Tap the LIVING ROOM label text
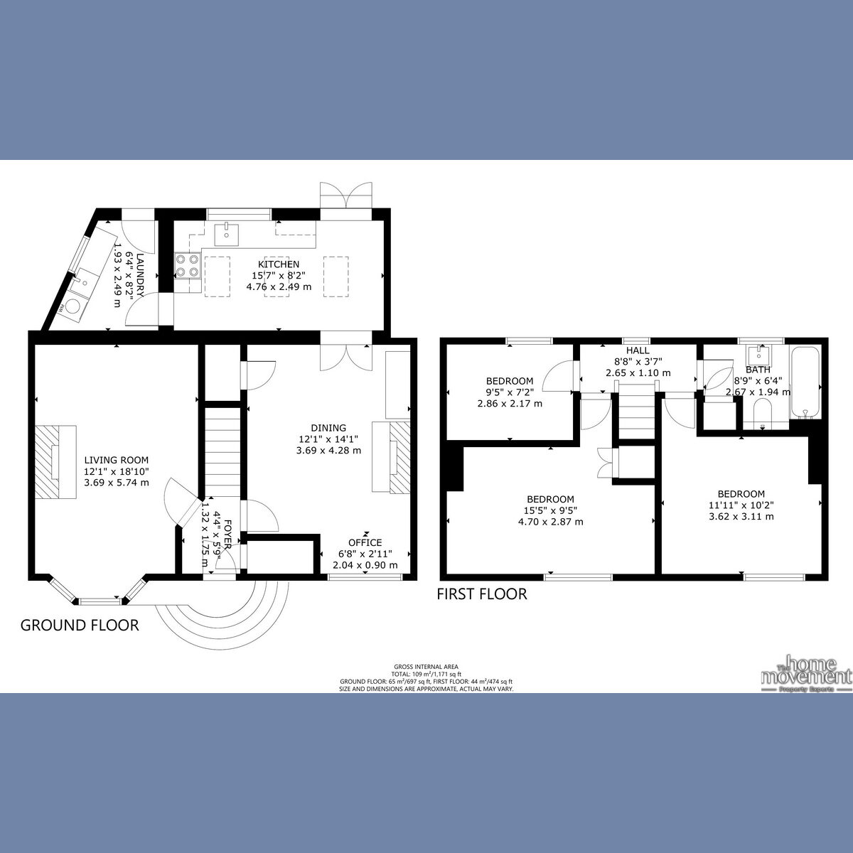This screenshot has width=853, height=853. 117,460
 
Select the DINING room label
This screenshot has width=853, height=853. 328,428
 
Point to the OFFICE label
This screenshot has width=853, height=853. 365,542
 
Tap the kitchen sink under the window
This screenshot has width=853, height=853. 226,232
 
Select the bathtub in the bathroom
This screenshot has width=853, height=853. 805,382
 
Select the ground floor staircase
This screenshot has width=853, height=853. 223,451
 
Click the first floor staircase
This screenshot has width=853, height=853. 637,412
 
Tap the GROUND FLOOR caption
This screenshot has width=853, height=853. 80,626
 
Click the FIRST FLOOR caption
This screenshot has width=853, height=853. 482,594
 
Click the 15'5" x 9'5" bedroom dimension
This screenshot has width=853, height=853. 551,510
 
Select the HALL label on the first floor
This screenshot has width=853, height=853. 638,351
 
